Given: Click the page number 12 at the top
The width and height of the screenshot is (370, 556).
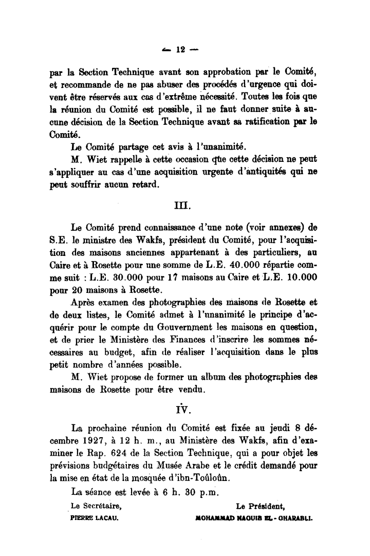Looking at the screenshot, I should pos(180,50).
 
